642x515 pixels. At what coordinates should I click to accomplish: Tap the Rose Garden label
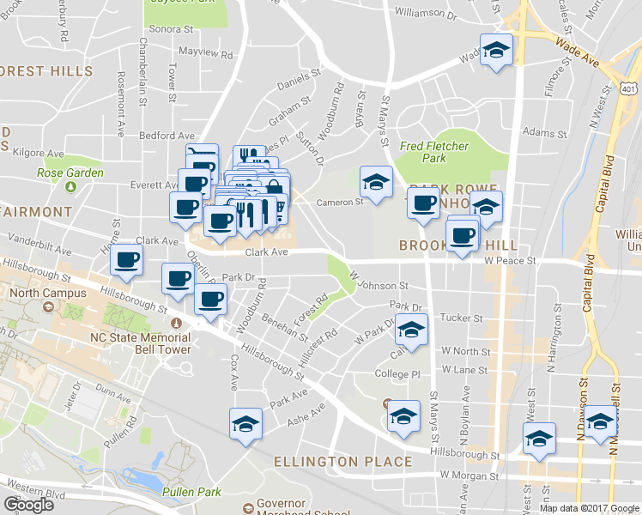point(70,173)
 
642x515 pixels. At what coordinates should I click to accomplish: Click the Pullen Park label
point(191,492)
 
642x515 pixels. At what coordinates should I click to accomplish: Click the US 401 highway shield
point(628,88)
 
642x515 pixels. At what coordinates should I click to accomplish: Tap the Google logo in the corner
point(28,505)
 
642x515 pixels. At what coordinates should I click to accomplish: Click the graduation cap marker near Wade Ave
point(496,50)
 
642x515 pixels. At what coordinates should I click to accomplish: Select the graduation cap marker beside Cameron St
point(375,182)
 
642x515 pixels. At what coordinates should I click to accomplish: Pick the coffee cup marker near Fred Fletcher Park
point(422,204)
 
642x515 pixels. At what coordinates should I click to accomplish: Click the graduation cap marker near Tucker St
point(411,330)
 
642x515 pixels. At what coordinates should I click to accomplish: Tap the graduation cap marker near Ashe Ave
point(245,424)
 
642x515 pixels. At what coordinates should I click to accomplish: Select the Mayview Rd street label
point(205,54)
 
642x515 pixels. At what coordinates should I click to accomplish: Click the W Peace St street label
point(509,259)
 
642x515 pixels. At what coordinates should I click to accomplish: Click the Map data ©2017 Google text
point(589,508)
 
